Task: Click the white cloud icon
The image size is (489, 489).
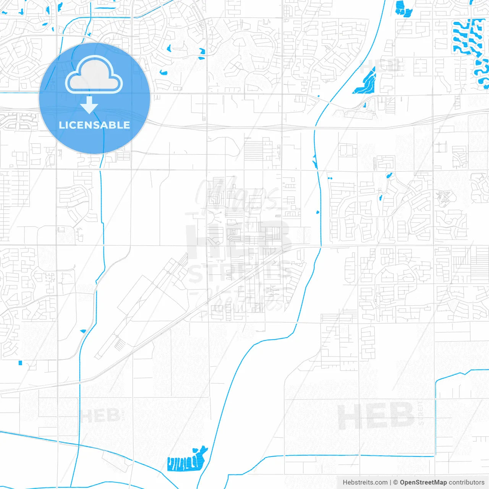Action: (94, 75)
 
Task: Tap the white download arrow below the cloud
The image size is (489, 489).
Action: (89, 105)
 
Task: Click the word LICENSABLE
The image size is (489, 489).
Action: (94, 125)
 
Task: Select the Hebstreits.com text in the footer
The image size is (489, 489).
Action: (365, 483)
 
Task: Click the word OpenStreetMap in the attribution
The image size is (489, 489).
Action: (423, 483)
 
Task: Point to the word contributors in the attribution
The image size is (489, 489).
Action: (466, 483)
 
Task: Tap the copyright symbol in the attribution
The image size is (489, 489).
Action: (395, 483)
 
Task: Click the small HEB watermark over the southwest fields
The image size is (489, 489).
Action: (100, 416)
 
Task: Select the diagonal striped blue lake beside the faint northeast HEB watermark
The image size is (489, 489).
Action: (365, 82)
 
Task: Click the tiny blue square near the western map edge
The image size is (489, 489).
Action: (21, 363)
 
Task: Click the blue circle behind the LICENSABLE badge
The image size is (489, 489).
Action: (57, 115)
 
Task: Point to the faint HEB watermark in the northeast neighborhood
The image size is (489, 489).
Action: (382, 66)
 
